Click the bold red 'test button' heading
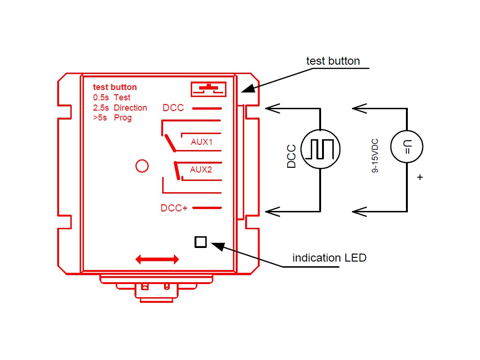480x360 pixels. point(115,87)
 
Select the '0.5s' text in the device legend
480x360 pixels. point(101,97)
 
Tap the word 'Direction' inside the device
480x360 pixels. point(130,108)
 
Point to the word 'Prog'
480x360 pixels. point(123,118)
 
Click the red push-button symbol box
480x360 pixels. point(209,89)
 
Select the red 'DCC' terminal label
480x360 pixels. point(173,108)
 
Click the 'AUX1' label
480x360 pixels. point(202,142)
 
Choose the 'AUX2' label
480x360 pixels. point(201,170)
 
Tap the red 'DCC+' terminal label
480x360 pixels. point(174,208)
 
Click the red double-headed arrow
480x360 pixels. point(157,259)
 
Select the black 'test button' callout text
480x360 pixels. point(333,61)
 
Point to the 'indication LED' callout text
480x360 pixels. point(330,258)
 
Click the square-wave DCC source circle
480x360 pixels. point(321,130)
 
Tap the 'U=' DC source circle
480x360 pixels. point(407,131)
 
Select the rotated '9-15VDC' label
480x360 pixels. point(375,156)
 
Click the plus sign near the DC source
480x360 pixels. point(420,177)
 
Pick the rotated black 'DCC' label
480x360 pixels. point(292,157)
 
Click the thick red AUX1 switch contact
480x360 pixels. point(170,143)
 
